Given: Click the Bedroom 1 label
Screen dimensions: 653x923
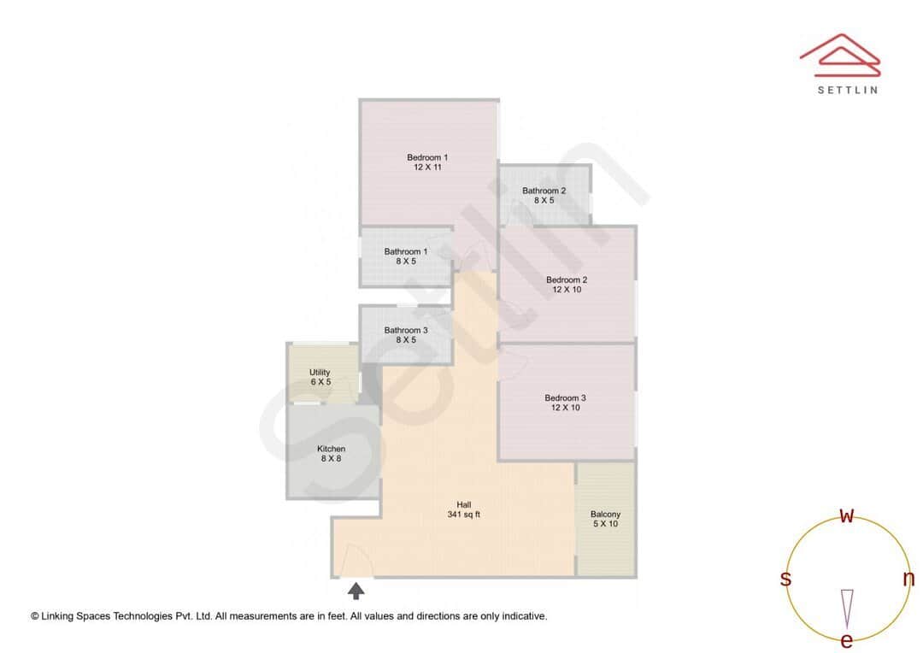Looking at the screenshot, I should pos(427,157).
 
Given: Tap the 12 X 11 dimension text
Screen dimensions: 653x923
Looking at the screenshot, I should pos(427,168).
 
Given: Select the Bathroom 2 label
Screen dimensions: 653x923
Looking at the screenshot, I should pos(544,191).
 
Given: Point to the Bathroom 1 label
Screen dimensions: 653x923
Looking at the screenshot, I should pos(406,251).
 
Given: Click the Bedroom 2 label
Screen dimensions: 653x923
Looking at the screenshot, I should pos(567,279).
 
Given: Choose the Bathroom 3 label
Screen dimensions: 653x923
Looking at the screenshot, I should pos(406,330).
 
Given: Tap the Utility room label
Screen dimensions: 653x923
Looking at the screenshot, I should pos(320,373).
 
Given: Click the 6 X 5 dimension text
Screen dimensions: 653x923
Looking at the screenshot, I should pos(320,382).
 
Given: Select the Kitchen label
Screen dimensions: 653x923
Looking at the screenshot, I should pos(332,449).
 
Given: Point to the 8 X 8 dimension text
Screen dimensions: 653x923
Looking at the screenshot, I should pos(332,459).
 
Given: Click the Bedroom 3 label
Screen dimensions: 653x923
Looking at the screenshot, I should pos(566,397).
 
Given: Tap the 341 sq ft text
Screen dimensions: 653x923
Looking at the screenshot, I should pos(464,515).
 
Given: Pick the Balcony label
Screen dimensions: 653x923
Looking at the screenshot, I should pos(606,515).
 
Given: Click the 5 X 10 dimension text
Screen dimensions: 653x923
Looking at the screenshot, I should pos(606,524).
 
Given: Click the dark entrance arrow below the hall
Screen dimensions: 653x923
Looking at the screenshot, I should pos(356,590).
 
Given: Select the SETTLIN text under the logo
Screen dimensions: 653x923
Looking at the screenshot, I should pos(847,90).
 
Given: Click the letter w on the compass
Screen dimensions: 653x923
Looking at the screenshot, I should pos(847,515).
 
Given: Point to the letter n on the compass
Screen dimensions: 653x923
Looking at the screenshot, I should pos(908,579).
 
